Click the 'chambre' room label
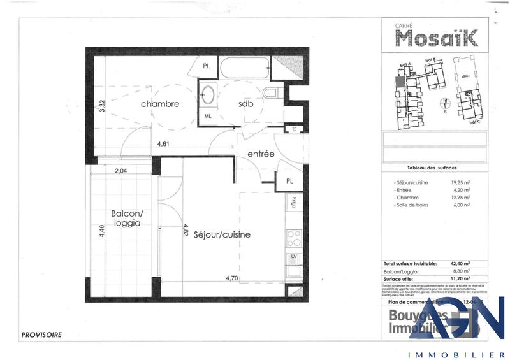[160, 104]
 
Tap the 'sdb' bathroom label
[245, 104]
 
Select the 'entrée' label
[261, 154]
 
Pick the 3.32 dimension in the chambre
[101, 104]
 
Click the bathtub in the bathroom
[245, 68]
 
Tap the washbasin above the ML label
[208, 97]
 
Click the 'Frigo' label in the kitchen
[294, 204]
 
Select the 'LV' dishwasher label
[294, 256]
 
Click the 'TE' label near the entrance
[294, 129]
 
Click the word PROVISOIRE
[41, 334]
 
